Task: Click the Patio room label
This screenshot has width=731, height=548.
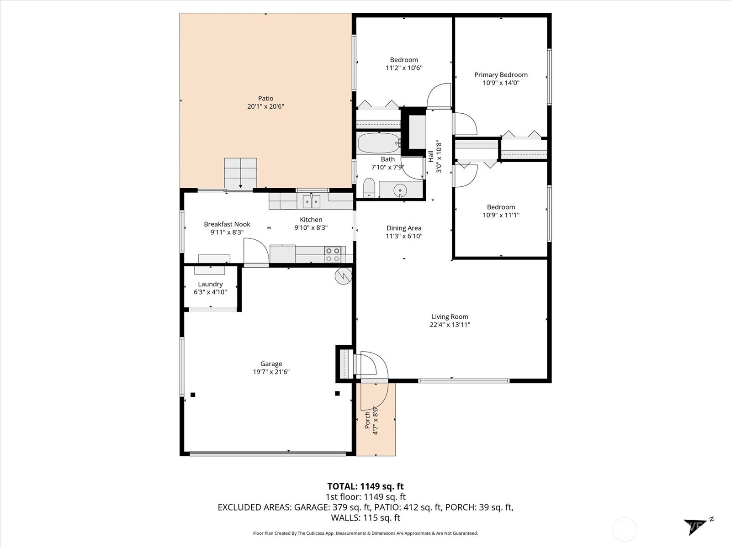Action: (x=265, y=98)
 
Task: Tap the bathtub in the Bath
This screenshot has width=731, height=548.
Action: (x=378, y=143)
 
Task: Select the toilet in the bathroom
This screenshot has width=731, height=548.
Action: (x=369, y=188)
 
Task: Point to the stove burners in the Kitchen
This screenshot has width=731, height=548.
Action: (x=333, y=255)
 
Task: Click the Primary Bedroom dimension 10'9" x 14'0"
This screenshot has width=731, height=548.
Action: (x=501, y=83)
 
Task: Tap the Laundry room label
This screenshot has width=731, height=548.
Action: (x=210, y=284)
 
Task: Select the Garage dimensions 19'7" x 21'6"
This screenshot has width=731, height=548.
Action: (x=271, y=372)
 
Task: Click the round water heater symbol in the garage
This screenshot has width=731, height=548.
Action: (x=343, y=276)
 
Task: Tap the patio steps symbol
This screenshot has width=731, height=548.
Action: (x=240, y=173)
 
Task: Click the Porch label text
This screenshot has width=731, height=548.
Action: (x=367, y=420)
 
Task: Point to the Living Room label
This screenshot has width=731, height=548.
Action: (x=450, y=316)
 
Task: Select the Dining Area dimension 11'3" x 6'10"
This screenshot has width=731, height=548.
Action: (x=404, y=236)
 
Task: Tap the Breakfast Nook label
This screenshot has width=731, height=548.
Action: (x=227, y=224)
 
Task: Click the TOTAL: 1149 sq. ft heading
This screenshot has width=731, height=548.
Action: (x=365, y=486)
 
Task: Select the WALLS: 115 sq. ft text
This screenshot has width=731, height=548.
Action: (x=365, y=517)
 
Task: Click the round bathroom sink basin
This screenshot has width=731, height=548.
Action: (x=400, y=189)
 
